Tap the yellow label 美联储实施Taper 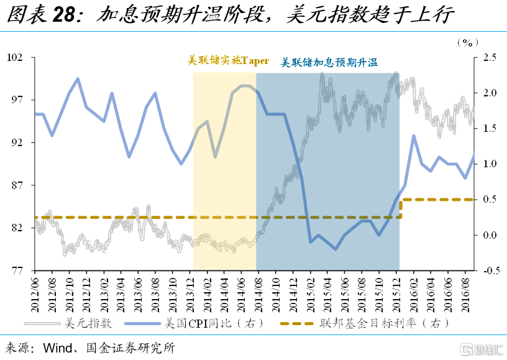228,61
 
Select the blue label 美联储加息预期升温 329,62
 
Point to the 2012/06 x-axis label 35,292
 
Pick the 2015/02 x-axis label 309,292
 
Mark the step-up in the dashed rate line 401,208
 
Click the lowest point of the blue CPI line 336,249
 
